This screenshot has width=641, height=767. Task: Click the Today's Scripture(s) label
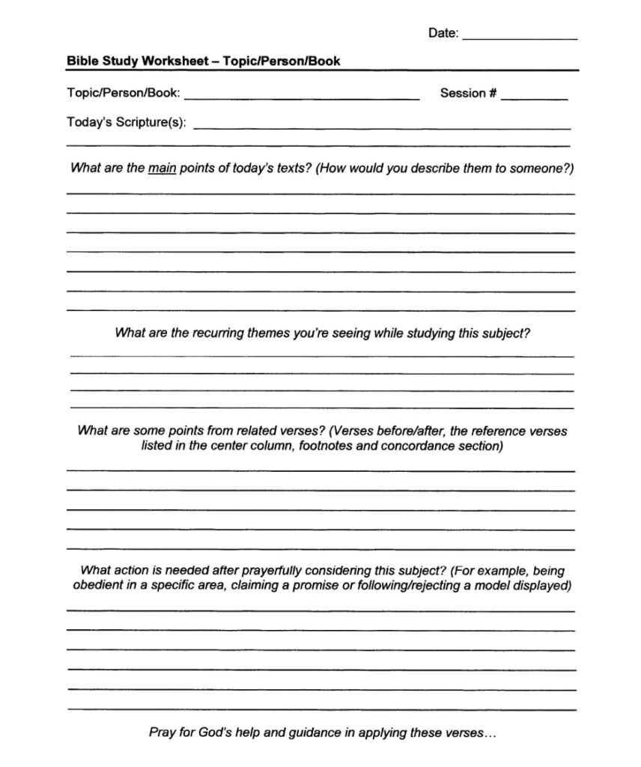pos(127,122)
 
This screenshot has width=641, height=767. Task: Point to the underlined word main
pos(162,169)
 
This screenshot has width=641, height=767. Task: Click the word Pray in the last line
pos(162,732)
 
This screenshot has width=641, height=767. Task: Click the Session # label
pos(468,94)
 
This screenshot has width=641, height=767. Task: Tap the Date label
pos(443,33)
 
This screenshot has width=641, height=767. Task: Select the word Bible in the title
pos(82,61)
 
